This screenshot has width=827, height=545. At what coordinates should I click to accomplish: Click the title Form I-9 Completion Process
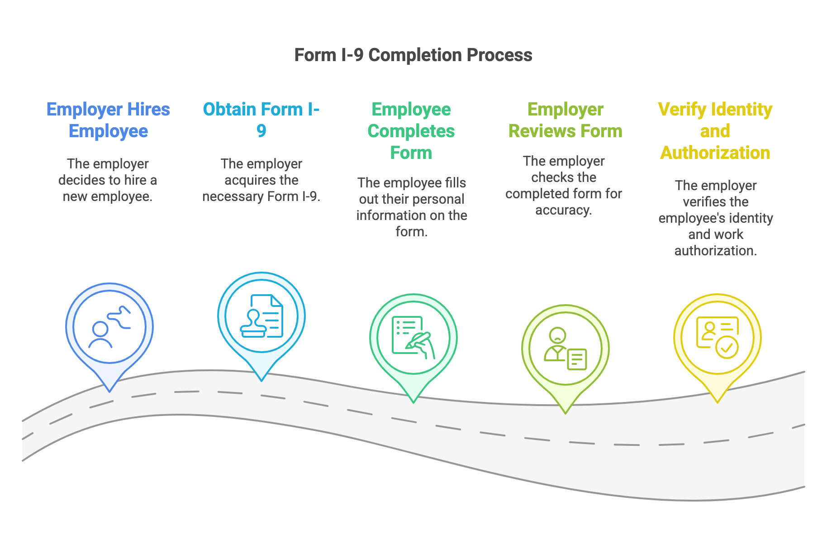pos(413,55)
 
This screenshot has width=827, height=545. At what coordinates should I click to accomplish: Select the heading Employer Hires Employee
pos(108,120)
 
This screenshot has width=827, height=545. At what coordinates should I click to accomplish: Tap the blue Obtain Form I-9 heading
pos(261,120)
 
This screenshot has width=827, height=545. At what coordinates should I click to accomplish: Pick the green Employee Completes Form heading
pos(411,131)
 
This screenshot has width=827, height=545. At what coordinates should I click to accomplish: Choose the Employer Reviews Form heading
pos(565,120)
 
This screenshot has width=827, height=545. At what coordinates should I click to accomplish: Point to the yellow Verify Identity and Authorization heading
pos(715,131)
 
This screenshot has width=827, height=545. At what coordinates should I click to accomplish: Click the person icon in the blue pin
pos(100,335)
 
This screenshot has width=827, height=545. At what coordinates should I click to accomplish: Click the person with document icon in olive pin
pos(565,349)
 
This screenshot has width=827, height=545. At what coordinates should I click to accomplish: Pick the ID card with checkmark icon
pos(717,337)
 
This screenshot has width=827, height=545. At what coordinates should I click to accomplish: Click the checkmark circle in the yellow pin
pos(727,348)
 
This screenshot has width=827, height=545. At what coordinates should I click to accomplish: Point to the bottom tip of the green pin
pos(413,401)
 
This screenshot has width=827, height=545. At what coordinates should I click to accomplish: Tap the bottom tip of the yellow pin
pos(717,401)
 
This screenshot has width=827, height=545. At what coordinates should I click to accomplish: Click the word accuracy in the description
pos(563,210)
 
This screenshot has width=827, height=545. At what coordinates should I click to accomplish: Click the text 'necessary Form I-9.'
pos(261,196)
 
